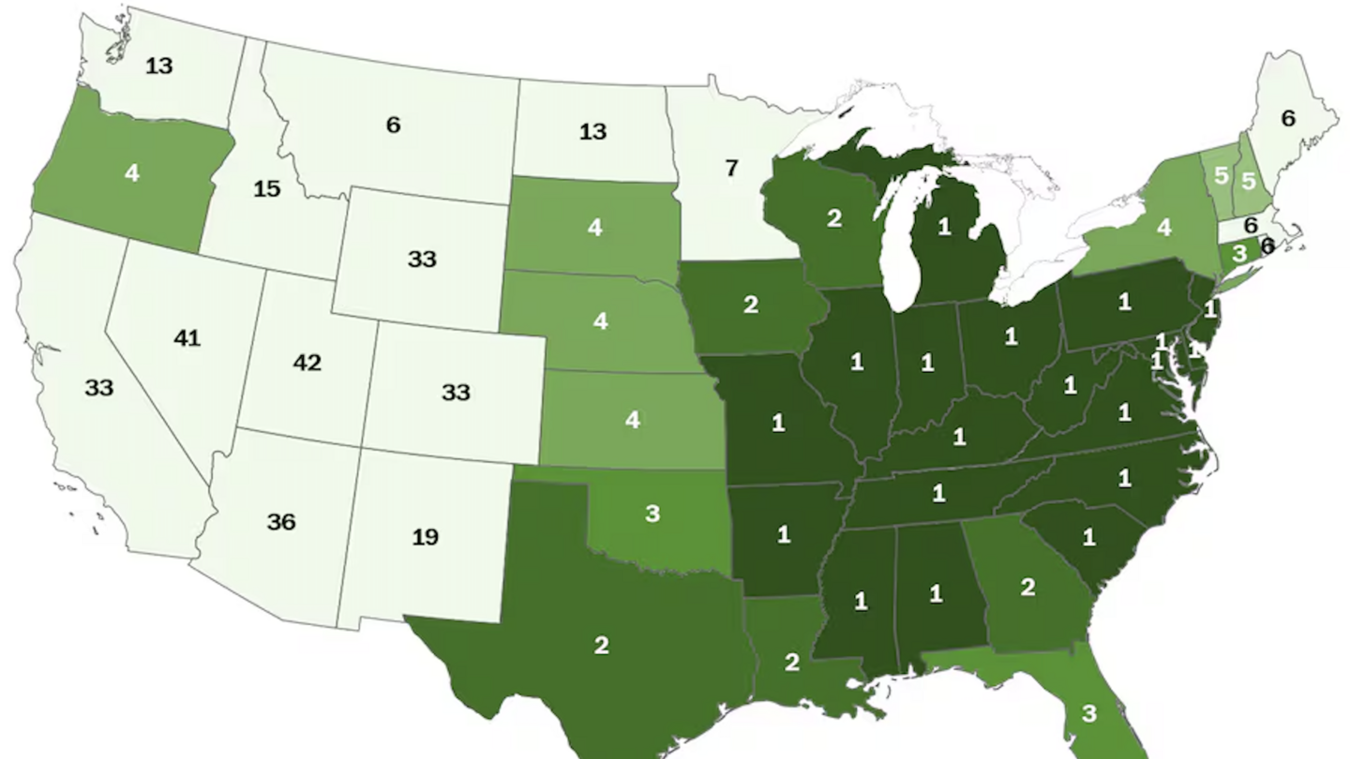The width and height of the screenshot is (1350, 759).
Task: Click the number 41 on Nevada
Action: [x=187, y=337]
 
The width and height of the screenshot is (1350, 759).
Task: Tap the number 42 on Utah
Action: [x=307, y=363]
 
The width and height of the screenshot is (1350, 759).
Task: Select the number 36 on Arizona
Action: [x=281, y=522]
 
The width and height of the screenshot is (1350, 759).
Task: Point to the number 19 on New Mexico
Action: [x=425, y=537]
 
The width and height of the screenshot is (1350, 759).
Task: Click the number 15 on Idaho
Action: [x=267, y=189]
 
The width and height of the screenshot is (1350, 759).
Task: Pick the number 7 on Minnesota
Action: [x=731, y=169]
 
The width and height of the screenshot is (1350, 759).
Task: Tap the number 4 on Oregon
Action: [x=132, y=173]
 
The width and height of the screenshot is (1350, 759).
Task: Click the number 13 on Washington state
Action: [x=159, y=65]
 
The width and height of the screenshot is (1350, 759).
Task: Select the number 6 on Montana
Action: [x=393, y=125]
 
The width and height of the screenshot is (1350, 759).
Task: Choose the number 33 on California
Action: [x=98, y=387]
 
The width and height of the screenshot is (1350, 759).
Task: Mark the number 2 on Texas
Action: [x=601, y=646]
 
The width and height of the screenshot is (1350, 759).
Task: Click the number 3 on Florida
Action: [x=1088, y=714]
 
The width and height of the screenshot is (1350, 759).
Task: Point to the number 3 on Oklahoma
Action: [x=652, y=514]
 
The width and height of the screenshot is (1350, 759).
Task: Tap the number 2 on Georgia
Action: [x=1027, y=588]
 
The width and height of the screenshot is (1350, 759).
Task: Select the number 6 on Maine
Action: [x=1288, y=118]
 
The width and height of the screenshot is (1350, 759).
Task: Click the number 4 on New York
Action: [x=1163, y=228]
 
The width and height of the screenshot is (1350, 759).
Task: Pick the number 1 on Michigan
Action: [x=944, y=226]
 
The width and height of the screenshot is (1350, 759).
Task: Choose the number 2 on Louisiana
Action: [x=792, y=662]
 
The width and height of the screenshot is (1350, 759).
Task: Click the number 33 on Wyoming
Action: [x=422, y=259]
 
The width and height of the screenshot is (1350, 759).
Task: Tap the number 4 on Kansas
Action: [x=633, y=420]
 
